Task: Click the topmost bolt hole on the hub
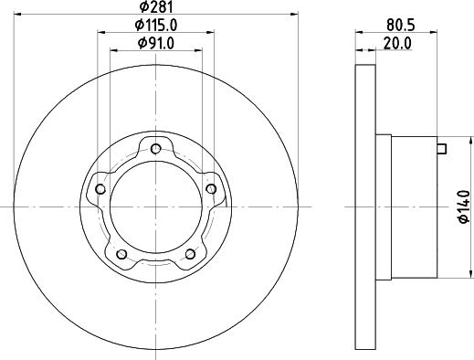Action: click(155, 149)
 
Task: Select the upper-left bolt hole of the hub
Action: click(99, 190)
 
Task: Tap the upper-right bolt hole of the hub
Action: click(211, 189)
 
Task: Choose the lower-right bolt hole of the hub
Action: click(190, 254)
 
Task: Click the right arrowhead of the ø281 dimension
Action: click(295, 14)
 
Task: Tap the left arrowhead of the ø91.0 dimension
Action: click(113, 48)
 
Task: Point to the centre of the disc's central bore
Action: click(155, 207)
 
